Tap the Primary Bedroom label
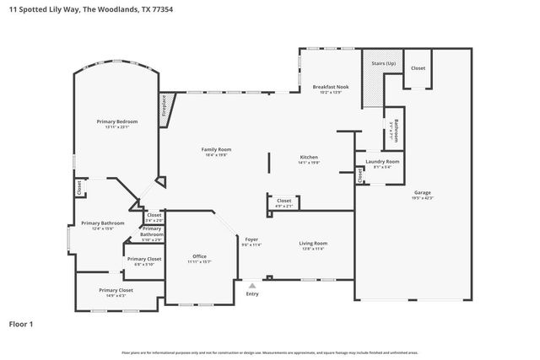pos(116,123)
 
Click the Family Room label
pos(217,151)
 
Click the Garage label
pos(422,193)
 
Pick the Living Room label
pos(313,245)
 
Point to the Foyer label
pos(251,241)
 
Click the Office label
pos(199,258)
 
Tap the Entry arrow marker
pos(251,286)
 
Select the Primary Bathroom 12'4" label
pos(102,225)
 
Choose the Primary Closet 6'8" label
pos(143,261)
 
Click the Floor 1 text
pos(23,323)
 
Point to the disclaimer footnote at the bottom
pos(270,352)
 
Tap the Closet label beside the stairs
pos(418,68)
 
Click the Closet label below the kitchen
pos(283,202)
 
